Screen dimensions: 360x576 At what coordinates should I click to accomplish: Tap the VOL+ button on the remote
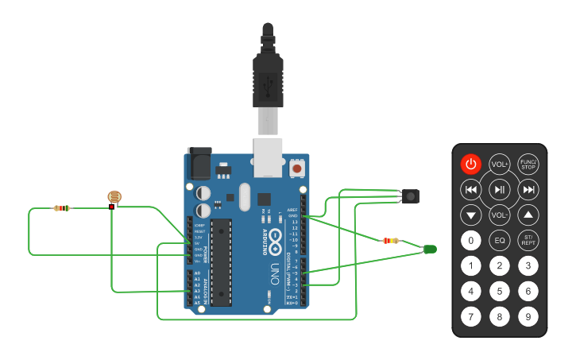pyautogui.click(x=500, y=165)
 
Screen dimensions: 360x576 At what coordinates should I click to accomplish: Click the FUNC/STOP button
pyautogui.click(x=528, y=165)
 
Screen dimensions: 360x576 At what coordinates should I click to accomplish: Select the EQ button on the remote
pyautogui.click(x=500, y=240)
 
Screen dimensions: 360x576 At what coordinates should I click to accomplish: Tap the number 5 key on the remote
pyautogui.click(x=500, y=292)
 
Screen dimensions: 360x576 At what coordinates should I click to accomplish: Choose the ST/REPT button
pyautogui.click(x=528, y=240)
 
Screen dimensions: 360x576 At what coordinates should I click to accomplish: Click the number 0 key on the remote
pyautogui.click(x=471, y=240)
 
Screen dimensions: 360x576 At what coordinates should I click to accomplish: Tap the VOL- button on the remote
pyautogui.click(x=500, y=215)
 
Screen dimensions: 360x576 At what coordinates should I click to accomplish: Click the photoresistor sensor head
pyautogui.click(x=114, y=196)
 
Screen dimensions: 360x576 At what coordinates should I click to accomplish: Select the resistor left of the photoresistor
pyautogui.click(x=61, y=208)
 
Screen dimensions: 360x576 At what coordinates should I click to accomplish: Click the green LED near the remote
pyautogui.click(x=430, y=250)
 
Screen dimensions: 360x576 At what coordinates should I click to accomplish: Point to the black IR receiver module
pyautogui.click(x=411, y=196)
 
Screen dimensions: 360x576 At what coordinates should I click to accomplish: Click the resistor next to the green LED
pyautogui.click(x=391, y=240)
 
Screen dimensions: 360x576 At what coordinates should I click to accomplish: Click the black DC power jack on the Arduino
pyautogui.click(x=199, y=164)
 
